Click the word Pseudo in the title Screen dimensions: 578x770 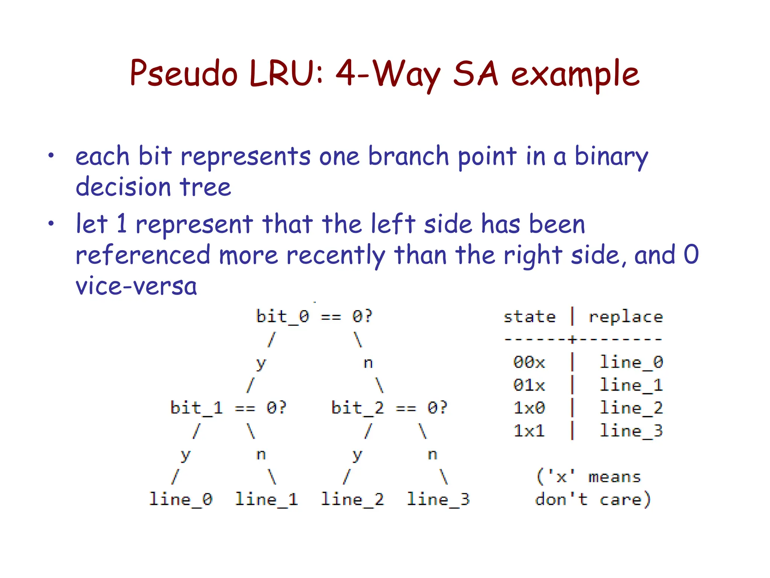coord(183,73)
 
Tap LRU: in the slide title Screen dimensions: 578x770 coord(286,73)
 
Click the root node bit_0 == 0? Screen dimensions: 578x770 coord(314,316)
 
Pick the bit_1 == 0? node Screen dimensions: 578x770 coord(228,408)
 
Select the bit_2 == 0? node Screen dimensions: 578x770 coord(389,408)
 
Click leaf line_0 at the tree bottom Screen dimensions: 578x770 coord(181,500)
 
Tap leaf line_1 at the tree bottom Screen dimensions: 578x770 coord(267,500)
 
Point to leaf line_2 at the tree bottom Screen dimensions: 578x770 coord(352,500)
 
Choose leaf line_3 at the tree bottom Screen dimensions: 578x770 coord(438,500)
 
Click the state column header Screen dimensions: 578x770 coord(529,317)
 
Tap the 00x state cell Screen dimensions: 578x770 coord(529,362)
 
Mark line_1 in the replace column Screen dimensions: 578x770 coord(631,385)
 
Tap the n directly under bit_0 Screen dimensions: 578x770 coord(368,363)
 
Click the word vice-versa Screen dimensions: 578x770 coord(136,286)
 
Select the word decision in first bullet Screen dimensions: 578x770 coord(123,187)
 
